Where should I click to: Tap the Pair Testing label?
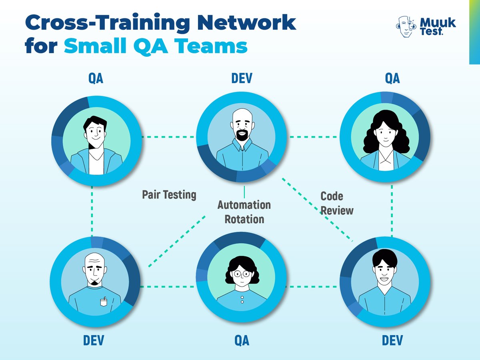[169, 195]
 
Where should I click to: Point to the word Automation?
[244, 205]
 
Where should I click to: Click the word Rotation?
[244, 219]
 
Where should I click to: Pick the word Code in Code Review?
[332, 196]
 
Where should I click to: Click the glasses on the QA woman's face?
[242, 274]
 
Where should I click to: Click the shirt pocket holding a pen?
[104, 302]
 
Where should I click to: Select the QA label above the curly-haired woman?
[392, 78]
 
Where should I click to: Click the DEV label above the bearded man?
[242, 78]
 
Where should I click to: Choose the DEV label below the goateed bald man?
[94, 340]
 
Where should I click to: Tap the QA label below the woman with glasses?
[242, 340]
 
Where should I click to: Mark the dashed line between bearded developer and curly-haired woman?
[314, 137]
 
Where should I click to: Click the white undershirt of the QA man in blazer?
[96, 162]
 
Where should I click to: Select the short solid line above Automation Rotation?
[244, 191]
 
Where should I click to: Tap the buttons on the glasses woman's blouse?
[242, 300]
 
